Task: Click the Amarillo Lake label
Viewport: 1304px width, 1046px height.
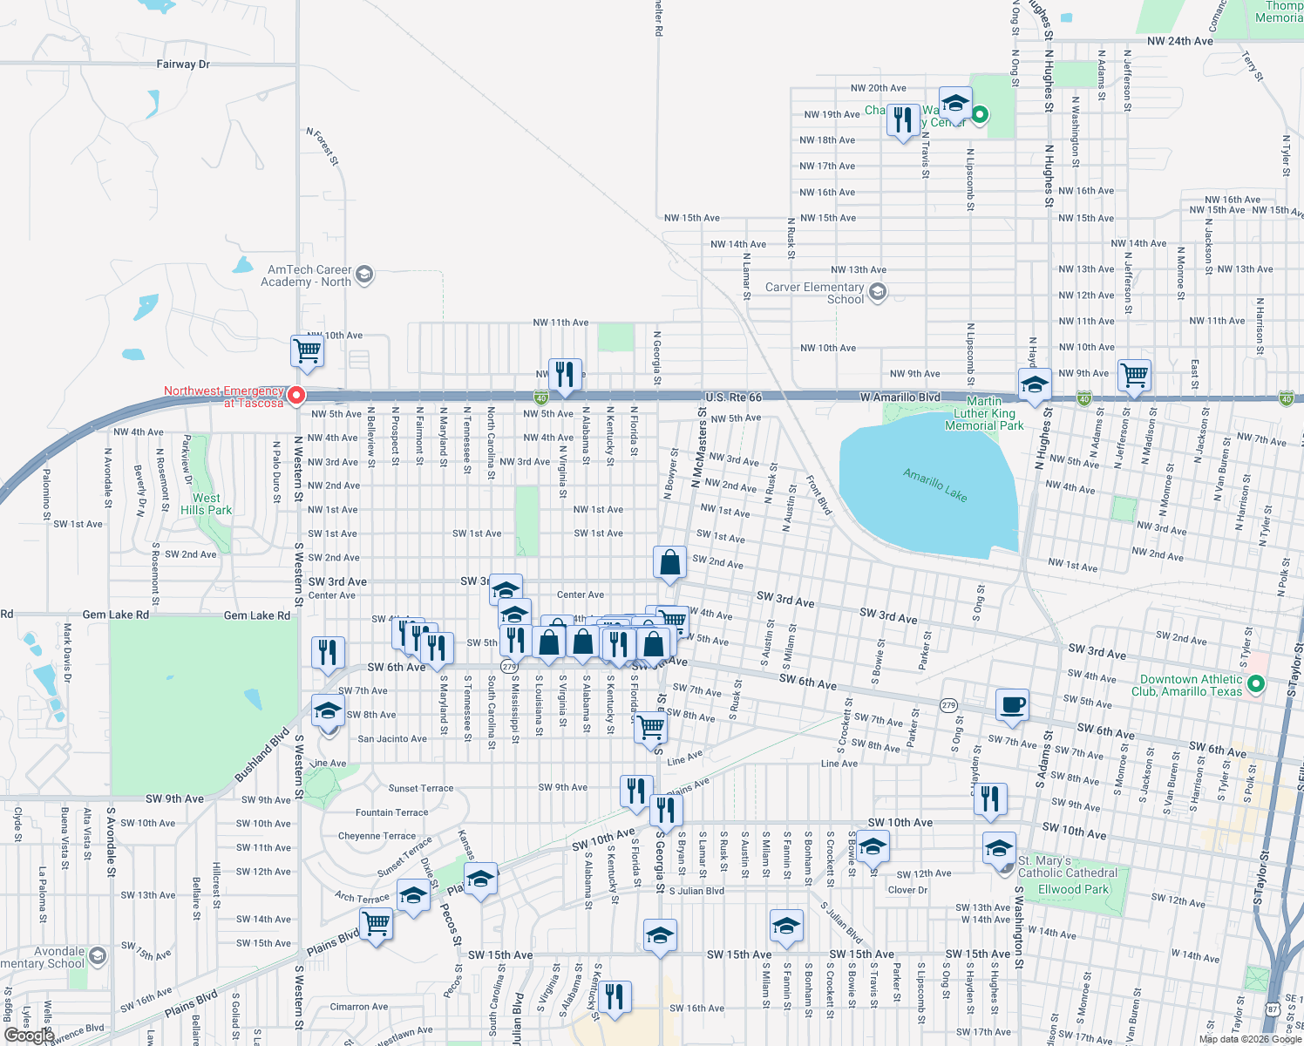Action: click(x=935, y=485)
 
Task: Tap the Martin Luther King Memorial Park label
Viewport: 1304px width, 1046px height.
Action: click(x=984, y=413)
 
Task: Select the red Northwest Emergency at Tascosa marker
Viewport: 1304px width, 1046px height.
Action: click(x=296, y=396)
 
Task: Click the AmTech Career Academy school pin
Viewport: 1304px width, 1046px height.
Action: click(x=364, y=275)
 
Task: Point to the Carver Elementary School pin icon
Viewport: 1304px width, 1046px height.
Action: click(x=878, y=292)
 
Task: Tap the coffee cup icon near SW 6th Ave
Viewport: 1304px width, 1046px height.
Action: click(x=1012, y=703)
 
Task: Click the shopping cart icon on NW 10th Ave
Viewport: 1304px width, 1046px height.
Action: click(x=308, y=350)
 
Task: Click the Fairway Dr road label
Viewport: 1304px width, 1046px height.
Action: click(x=183, y=65)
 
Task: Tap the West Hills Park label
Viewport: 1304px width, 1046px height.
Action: click(x=207, y=504)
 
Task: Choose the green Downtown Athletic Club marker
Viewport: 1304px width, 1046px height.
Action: click(x=1256, y=684)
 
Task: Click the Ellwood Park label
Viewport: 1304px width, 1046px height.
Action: click(x=1073, y=889)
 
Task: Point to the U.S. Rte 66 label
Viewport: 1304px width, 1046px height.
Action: click(x=733, y=397)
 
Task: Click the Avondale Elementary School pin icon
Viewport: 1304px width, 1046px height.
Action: click(x=98, y=956)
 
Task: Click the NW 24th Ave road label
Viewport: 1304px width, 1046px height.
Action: click(x=1180, y=41)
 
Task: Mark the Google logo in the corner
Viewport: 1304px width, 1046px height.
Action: click(x=29, y=1035)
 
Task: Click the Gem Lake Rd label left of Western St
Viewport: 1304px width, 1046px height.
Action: click(x=115, y=615)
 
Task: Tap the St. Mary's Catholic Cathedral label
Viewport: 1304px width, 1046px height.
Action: click(x=1067, y=866)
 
